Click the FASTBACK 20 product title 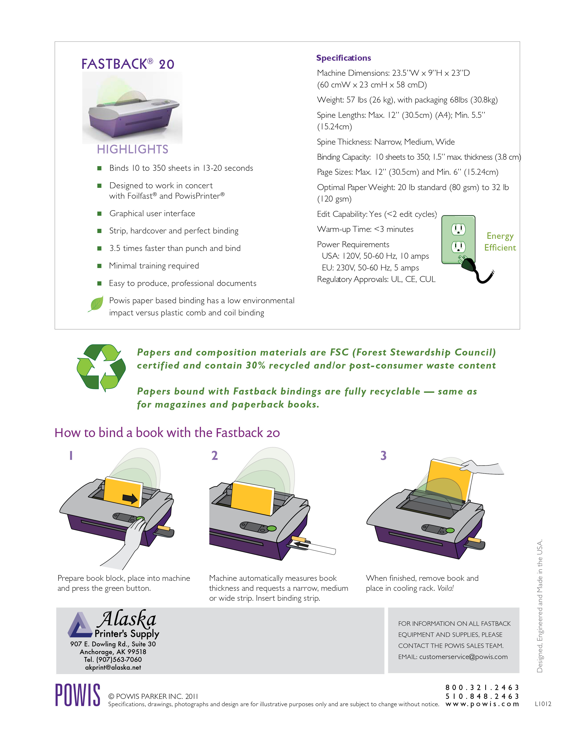pos(128,64)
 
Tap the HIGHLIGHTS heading pos(132,149)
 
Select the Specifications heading pos(343,58)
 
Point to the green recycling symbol pos(101,367)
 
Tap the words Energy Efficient pos(500,242)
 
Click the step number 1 pos(71,455)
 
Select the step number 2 pos(214,455)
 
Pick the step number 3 pos(383,455)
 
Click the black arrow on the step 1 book pos(130,499)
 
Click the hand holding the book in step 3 pos(482,467)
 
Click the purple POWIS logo pos(78,695)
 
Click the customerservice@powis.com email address pos(463,657)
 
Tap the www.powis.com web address pos(482,704)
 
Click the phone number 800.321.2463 pos(482,688)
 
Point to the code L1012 pos(543,704)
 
